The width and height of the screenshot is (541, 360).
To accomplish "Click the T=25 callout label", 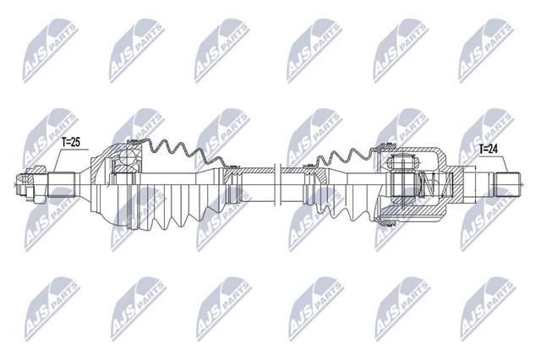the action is [x=71, y=142].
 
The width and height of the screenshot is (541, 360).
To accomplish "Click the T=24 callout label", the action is [x=489, y=149].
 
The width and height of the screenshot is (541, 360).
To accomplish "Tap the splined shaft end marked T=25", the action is [x=62, y=185].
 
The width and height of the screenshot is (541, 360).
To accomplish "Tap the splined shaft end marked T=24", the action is [x=508, y=185].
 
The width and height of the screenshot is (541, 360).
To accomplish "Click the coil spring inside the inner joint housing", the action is [x=434, y=185].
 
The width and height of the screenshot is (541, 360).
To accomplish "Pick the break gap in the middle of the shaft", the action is [x=277, y=185].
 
